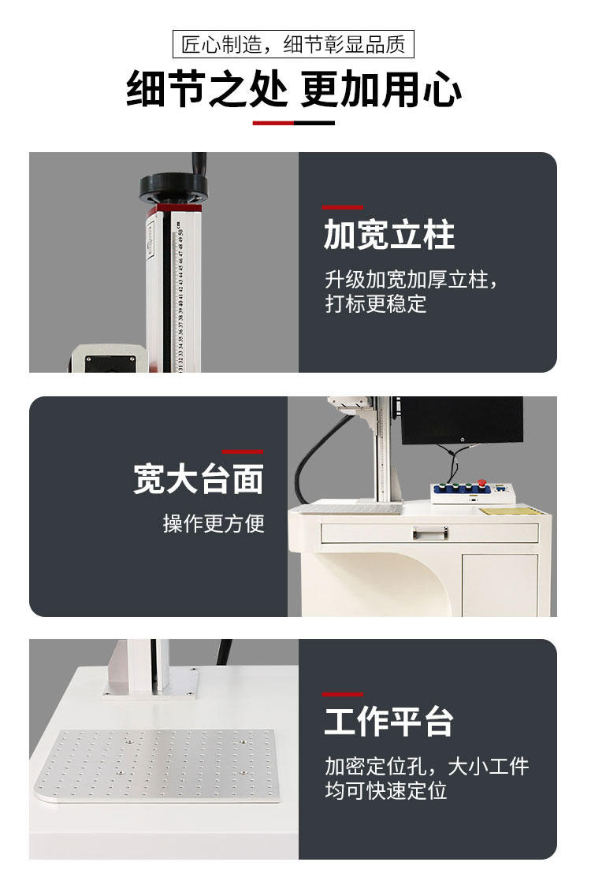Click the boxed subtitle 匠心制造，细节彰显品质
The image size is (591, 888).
click(293, 44)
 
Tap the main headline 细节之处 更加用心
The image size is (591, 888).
click(294, 89)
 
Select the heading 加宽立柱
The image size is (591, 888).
click(389, 235)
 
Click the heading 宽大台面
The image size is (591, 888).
click(199, 478)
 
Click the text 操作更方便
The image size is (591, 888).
click(214, 523)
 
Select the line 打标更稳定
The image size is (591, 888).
click(376, 303)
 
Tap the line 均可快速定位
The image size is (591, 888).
click(386, 790)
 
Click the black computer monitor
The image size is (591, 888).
click(462, 420)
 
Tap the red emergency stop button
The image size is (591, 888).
click(482, 483)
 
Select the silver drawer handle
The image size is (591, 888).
click(430, 533)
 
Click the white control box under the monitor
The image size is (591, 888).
click(473, 492)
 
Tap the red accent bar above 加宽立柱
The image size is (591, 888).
click(342, 208)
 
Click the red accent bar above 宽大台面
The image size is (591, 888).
click(243, 452)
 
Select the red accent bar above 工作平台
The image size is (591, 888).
click(342, 694)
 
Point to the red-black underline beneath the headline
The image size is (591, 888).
click(293, 123)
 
